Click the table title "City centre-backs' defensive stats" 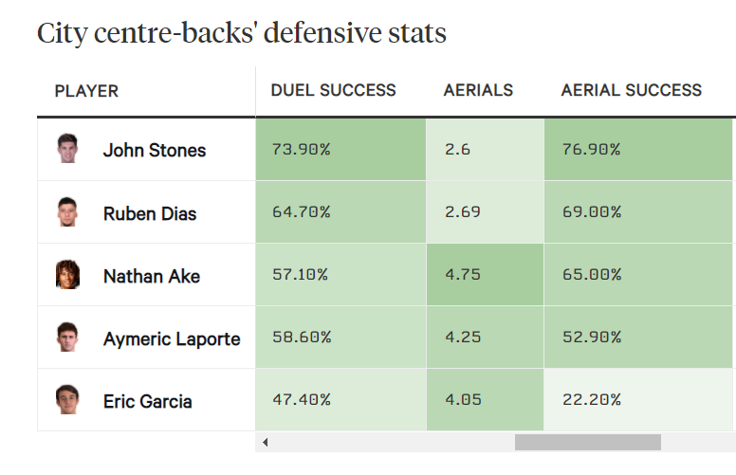tap(241, 33)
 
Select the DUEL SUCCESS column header tap(333, 91)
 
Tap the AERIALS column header tap(478, 91)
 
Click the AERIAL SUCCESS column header tap(631, 91)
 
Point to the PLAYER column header tap(86, 92)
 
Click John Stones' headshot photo tap(67, 149)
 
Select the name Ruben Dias tap(150, 213)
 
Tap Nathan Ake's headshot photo tap(67, 275)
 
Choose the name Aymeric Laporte tap(172, 338)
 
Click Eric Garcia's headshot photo tap(67, 400)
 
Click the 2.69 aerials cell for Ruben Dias tap(463, 212)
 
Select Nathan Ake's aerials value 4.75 tap(463, 275)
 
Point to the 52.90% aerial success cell tap(591, 338)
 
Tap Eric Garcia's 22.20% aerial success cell tap(591, 400)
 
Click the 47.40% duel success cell tap(301, 400)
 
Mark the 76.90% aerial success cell tap(591, 150)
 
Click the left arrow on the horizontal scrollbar tap(266, 442)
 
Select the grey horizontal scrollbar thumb tap(587, 442)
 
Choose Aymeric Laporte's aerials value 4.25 tap(463, 338)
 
